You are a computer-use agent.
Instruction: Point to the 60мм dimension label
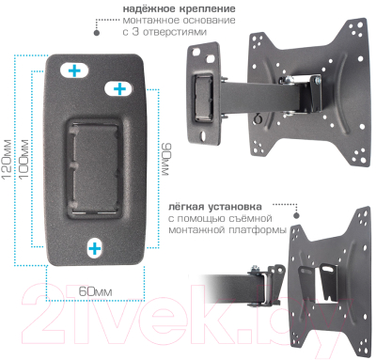[94, 290]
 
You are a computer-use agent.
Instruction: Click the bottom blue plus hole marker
[95, 247]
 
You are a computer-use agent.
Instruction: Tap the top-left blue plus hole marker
[74, 70]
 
